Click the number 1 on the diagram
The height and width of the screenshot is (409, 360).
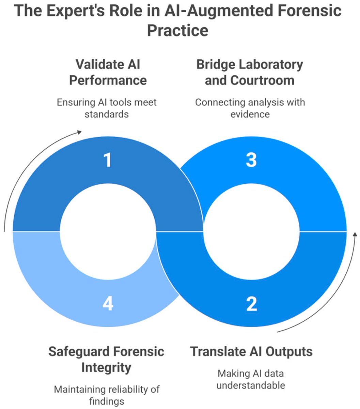pyautogui.click(x=108, y=160)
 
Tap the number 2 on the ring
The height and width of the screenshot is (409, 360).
pyautogui.click(x=251, y=303)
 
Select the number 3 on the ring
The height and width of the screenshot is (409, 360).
pyautogui.click(x=251, y=160)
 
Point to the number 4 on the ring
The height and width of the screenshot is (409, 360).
pyautogui.click(x=108, y=303)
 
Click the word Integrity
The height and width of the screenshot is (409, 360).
pyautogui.click(x=106, y=368)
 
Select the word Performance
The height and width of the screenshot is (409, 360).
pyautogui.click(x=108, y=80)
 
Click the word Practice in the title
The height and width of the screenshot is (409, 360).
pyautogui.click(x=177, y=30)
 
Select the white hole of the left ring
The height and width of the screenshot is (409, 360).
pyautogui.click(x=108, y=231)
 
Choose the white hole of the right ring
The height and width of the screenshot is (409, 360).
pyautogui.click(x=251, y=231)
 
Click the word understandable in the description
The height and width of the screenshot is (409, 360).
pyautogui.click(x=251, y=385)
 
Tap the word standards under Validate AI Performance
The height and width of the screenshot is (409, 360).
pyautogui.click(x=107, y=114)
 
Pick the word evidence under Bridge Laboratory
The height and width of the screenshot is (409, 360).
pyautogui.click(x=250, y=114)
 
